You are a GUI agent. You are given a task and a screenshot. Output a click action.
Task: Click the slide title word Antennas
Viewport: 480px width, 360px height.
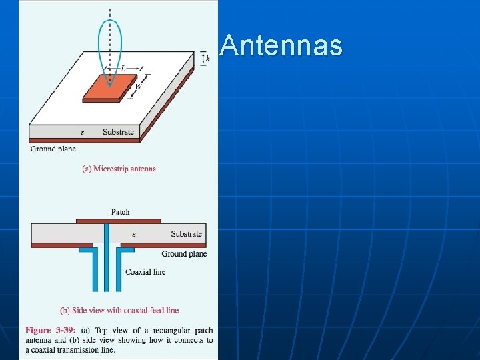281,45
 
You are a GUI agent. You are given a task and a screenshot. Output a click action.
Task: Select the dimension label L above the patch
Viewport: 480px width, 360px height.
123,68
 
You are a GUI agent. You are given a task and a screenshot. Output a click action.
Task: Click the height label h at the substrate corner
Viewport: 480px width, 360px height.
208,59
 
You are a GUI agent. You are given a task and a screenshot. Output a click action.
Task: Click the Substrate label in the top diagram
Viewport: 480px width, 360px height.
118,132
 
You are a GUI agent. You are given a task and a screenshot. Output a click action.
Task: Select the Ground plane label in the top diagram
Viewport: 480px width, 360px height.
53,149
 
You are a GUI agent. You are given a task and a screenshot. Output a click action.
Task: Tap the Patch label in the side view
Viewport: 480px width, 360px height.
120,212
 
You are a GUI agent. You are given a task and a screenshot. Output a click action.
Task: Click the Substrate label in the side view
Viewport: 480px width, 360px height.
186,234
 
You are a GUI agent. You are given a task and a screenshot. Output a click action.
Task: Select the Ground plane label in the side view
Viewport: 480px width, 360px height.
184,254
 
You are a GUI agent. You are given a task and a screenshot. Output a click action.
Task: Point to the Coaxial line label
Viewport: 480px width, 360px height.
145,272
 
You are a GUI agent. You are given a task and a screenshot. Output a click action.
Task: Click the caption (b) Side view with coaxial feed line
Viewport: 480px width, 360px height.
119,310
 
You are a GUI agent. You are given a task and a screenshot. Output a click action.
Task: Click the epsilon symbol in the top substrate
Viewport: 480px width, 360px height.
82,132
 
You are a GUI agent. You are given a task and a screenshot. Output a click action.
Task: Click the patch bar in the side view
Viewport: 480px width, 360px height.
119,221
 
